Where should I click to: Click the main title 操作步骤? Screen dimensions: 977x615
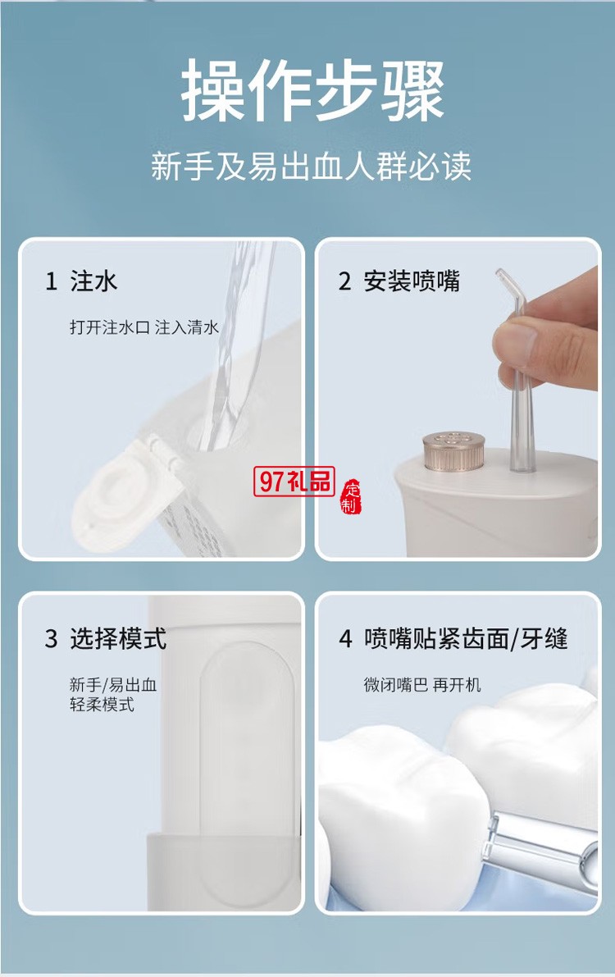pos(312,89)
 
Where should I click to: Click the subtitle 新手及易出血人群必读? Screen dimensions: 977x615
pos(311,167)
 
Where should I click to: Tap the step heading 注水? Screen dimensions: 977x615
pos(93,281)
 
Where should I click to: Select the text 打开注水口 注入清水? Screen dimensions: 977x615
pos(143,327)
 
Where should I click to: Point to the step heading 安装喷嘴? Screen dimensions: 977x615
pos(412,281)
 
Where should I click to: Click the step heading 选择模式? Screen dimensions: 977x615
pos(118,638)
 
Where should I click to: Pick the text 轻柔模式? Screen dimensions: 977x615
pos(102,705)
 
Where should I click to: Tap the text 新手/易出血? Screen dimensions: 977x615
pos(112,684)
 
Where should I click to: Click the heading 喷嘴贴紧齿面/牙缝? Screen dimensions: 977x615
pos(466,638)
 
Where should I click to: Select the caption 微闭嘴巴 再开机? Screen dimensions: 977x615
pos(422,684)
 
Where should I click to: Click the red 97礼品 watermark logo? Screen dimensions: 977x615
pos(294,482)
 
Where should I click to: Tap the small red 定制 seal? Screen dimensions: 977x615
pos(351,495)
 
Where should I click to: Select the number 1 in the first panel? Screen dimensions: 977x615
pos(51,282)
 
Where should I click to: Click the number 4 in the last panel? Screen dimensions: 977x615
pos(346,639)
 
